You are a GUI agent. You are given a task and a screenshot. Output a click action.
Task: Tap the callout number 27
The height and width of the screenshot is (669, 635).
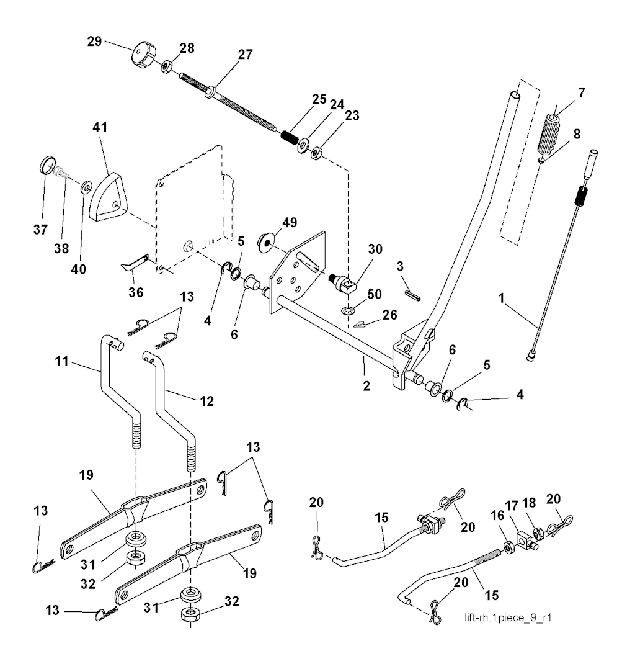click(246, 55)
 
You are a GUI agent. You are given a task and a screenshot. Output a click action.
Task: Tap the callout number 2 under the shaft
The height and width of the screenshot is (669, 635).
click(366, 385)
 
